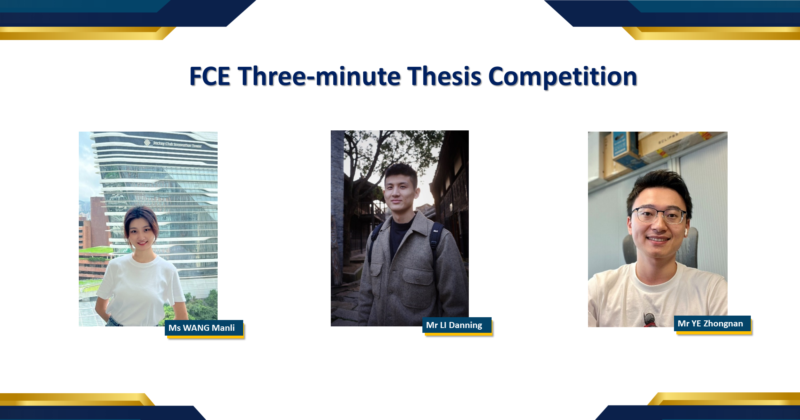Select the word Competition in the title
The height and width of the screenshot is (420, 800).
tap(562, 77)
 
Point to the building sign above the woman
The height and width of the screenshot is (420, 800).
tap(173, 144)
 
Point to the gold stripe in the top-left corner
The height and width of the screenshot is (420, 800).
tap(80, 33)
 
